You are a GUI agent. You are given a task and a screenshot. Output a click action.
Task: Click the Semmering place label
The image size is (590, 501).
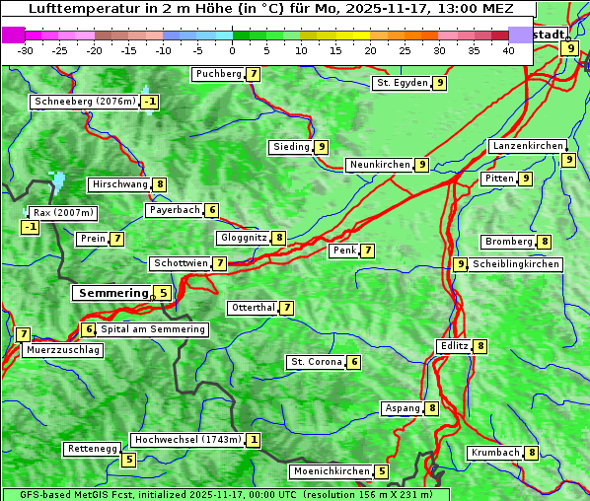coord(111,293)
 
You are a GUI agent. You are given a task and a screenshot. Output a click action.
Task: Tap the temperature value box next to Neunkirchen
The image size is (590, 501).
coord(421,165)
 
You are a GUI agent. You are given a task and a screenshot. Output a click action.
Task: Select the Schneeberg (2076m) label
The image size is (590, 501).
coord(84,102)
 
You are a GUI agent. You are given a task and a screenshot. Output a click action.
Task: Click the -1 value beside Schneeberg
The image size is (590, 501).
coord(149,102)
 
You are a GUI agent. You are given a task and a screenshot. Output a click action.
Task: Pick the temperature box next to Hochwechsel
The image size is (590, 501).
coord(254,440)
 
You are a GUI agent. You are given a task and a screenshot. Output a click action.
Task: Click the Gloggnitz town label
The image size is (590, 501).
coord(242,238)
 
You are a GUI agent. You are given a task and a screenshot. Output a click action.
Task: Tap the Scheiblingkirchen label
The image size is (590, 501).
coord(516,264)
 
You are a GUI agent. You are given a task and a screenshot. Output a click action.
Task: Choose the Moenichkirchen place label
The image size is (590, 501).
coord(332,471)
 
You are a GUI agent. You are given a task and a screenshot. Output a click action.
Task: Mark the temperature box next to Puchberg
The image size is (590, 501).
coord(254,74)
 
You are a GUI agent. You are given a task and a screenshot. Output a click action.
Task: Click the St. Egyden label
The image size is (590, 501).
coord(401,83)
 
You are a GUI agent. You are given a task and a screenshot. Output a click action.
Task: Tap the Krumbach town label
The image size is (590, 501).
coord(494,453)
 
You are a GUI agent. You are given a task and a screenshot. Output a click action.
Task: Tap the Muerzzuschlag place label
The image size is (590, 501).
coord(63,350)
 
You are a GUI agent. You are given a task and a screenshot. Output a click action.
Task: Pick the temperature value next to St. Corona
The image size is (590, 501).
coord(354,362)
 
